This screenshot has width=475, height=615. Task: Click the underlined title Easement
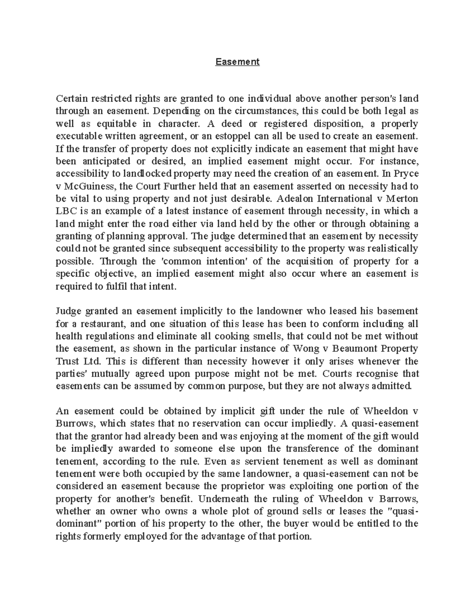pyautogui.click(x=237, y=62)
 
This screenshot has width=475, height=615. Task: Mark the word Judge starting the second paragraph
pyautogui.click(x=68, y=311)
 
